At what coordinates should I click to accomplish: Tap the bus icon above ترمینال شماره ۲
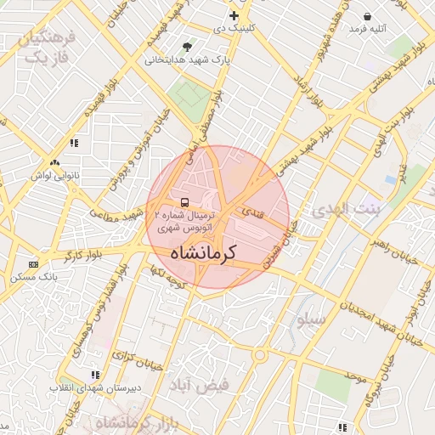click(184, 202)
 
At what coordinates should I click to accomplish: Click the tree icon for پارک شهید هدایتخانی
click(187, 46)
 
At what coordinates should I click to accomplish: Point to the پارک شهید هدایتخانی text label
click(188, 61)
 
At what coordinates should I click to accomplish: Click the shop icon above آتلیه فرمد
click(367, 16)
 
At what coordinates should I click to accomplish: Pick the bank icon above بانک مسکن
click(33, 264)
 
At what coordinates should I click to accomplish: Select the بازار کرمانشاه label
click(135, 422)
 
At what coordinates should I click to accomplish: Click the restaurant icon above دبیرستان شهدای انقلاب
click(95, 374)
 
